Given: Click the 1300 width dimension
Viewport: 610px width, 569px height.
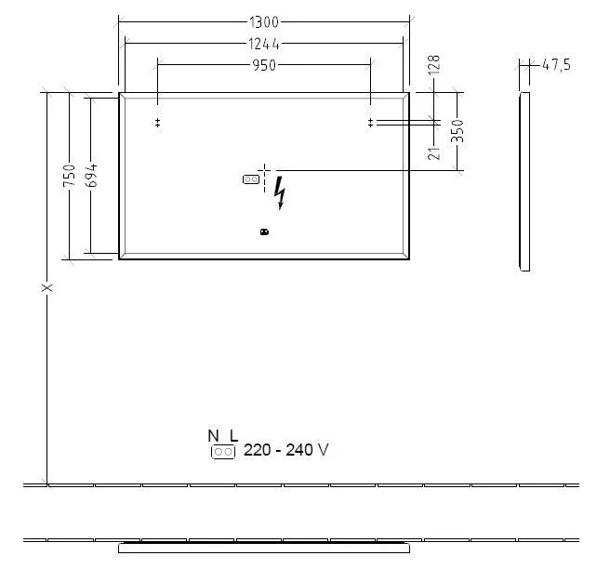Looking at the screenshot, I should (x=265, y=21).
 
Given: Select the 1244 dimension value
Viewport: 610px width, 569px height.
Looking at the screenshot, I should (x=264, y=43).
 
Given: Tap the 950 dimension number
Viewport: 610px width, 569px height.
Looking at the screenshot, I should (x=264, y=64).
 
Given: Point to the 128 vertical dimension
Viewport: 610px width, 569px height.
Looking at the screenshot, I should (x=434, y=64).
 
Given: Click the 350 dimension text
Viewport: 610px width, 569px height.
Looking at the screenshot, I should (x=457, y=131).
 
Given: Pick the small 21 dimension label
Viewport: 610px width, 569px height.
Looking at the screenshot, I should (x=434, y=152).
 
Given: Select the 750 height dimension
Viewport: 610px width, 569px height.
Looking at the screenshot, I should (x=69, y=176).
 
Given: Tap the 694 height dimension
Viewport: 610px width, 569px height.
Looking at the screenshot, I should (x=90, y=176).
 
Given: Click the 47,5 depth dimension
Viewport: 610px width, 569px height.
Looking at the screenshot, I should (x=555, y=64).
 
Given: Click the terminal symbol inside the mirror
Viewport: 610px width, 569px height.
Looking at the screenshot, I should (x=250, y=179).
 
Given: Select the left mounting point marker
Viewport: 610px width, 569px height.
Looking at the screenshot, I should (x=158, y=123).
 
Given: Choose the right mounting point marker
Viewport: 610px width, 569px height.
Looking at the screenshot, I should (x=370, y=123).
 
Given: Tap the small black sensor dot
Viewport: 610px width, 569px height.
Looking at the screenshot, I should (x=264, y=232).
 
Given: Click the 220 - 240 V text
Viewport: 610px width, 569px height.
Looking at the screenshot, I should (x=285, y=451).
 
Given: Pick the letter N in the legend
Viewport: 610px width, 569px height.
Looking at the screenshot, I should (x=213, y=435).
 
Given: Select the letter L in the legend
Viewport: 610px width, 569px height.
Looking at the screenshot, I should (x=233, y=435).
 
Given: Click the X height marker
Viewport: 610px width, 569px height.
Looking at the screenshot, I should (x=47, y=288).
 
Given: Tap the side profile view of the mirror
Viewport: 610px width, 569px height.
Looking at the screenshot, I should (x=524, y=181).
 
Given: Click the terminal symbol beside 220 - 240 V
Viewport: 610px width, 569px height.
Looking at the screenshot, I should (x=223, y=452).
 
